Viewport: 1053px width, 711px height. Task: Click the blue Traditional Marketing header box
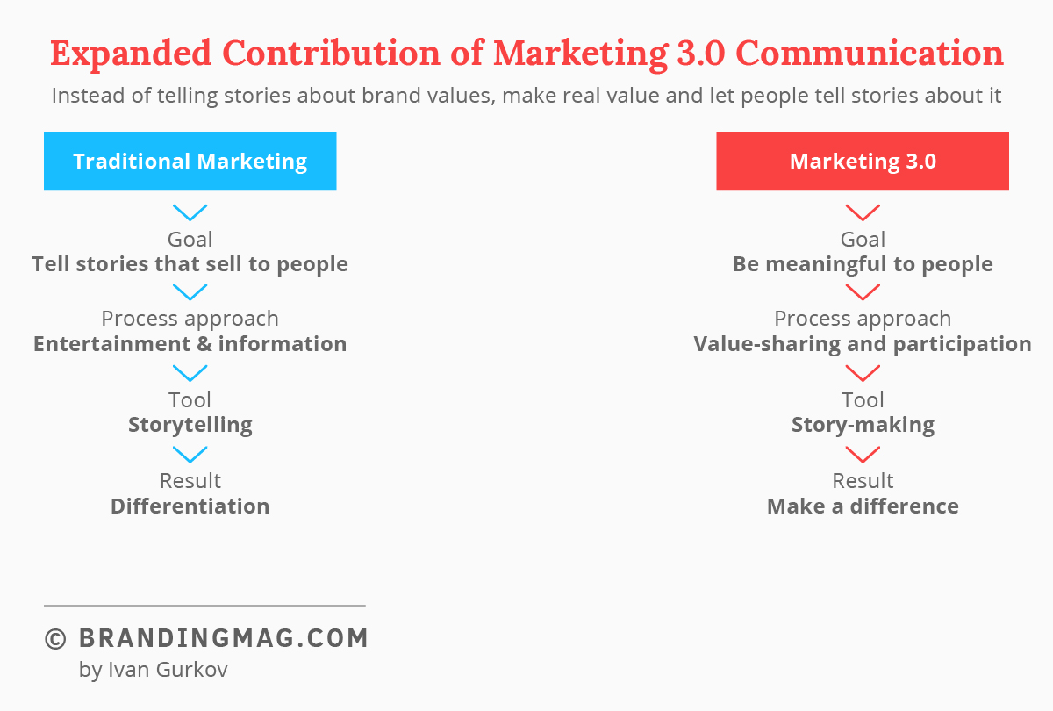tap(190, 161)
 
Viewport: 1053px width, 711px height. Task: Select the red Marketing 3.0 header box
tap(863, 161)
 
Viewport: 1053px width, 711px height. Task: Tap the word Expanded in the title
tap(131, 54)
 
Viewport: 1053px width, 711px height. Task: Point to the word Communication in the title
tap(870, 53)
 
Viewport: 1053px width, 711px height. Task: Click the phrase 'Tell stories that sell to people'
tap(190, 264)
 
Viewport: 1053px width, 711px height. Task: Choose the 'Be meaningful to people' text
tap(863, 264)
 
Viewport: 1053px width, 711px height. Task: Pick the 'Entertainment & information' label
tap(190, 344)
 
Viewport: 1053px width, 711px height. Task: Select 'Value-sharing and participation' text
tap(863, 344)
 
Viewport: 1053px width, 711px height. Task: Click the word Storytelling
tap(190, 425)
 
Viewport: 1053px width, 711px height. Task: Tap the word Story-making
tap(863, 425)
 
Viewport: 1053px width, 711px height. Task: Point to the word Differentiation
tap(190, 506)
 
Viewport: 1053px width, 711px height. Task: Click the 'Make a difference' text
tap(863, 506)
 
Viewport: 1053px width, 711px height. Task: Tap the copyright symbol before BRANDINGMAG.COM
tap(55, 639)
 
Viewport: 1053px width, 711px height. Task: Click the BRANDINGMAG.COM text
tap(223, 638)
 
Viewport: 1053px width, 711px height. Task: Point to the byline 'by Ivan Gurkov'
tap(154, 670)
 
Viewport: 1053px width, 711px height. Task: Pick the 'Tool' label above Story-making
tap(863, 400)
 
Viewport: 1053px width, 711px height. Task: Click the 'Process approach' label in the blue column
tap(190, 320)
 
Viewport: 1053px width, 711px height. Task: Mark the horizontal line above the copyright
tap(204, 606)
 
